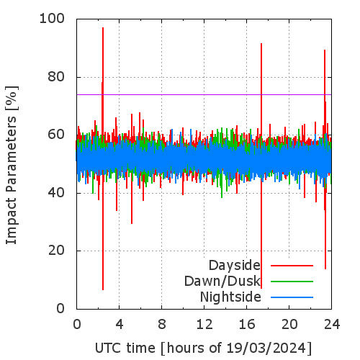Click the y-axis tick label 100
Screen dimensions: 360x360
52,19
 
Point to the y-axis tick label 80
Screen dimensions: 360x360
56,77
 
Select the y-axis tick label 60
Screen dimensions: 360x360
56,135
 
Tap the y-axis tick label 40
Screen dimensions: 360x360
56,193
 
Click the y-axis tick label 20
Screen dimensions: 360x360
56,251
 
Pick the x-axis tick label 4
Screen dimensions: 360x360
120,325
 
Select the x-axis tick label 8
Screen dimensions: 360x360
162,325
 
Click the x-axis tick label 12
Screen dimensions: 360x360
204,325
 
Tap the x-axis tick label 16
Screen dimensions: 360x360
247,325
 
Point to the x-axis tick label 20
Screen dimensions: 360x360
289,325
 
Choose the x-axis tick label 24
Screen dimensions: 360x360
332,325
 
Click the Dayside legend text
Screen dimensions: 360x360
235,266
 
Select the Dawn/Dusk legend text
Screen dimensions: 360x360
222,282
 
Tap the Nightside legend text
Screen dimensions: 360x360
230,297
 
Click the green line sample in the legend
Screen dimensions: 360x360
292,282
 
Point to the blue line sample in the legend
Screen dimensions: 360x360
292,297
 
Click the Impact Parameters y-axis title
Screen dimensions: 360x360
12,165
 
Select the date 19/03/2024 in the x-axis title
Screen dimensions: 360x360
266,348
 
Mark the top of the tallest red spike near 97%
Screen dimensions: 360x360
103,27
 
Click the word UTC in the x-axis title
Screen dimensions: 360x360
109,348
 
